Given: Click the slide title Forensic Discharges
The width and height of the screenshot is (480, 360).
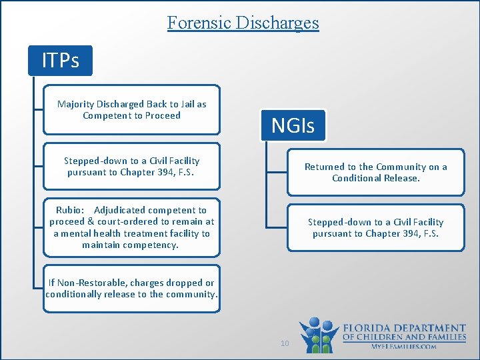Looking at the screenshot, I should (243, 23).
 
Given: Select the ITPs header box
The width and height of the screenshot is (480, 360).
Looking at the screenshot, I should (60, 61).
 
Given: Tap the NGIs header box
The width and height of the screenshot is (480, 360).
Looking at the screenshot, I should (293, 125).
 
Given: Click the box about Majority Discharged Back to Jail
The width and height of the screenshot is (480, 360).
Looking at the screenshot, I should (131, 110).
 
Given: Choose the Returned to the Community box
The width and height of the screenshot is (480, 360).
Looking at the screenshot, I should (375, 173).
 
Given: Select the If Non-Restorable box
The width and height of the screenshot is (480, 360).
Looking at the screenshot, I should (131, 289).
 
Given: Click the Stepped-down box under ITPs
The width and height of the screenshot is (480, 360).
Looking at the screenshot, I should (131, 167).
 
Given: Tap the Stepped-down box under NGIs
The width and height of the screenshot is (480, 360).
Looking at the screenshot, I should (375, 227).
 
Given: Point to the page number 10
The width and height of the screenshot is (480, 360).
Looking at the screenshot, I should (285, 343).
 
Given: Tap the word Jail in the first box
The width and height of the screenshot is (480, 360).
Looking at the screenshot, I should (185, 105).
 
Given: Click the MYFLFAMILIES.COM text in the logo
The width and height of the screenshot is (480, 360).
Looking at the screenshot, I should (404, 347).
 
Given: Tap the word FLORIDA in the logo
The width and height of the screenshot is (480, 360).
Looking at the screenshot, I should (366, 328).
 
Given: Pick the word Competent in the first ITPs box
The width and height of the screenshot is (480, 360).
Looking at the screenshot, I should (108, 116).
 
